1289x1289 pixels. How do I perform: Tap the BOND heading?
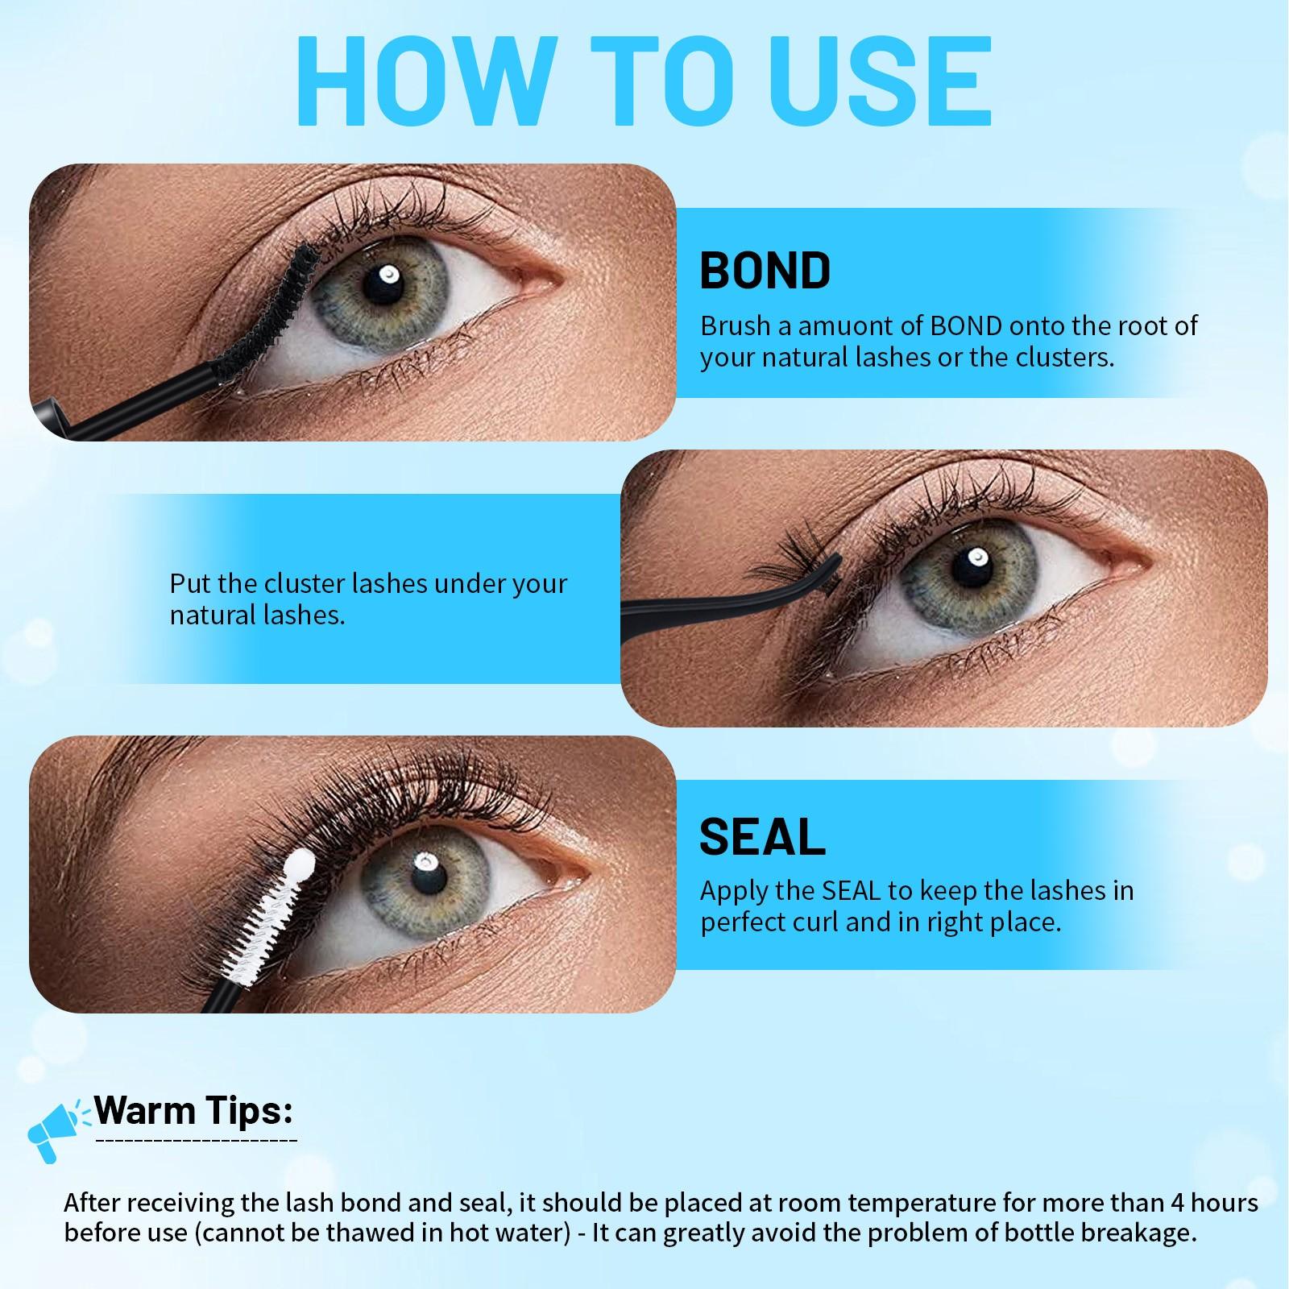(x=765, y=271)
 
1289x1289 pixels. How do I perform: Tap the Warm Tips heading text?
(x=193, y=1111)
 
